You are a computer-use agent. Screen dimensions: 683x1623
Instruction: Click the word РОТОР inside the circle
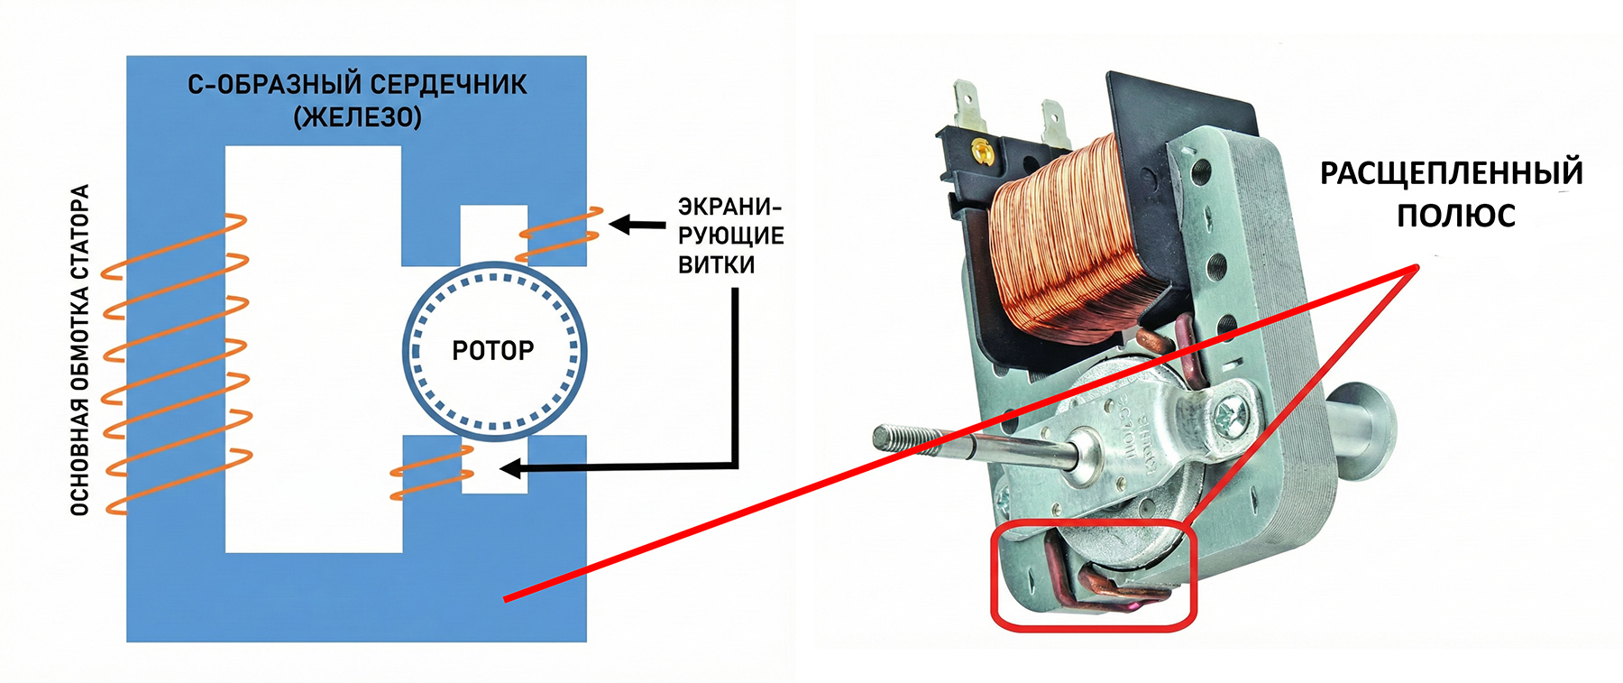492,350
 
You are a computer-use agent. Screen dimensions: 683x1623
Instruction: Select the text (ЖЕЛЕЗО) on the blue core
357,117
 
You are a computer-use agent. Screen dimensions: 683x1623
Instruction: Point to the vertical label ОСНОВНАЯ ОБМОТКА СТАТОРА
80,350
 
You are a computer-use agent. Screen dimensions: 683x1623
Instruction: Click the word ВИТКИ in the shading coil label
716,265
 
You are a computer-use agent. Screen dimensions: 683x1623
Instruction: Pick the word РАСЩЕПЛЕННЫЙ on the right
1451,172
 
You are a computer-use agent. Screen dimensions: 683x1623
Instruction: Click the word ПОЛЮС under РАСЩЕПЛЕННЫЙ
1455,217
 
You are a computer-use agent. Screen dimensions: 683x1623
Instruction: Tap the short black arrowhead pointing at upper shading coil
620,224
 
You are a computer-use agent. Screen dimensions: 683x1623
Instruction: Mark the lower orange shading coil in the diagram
431,472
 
